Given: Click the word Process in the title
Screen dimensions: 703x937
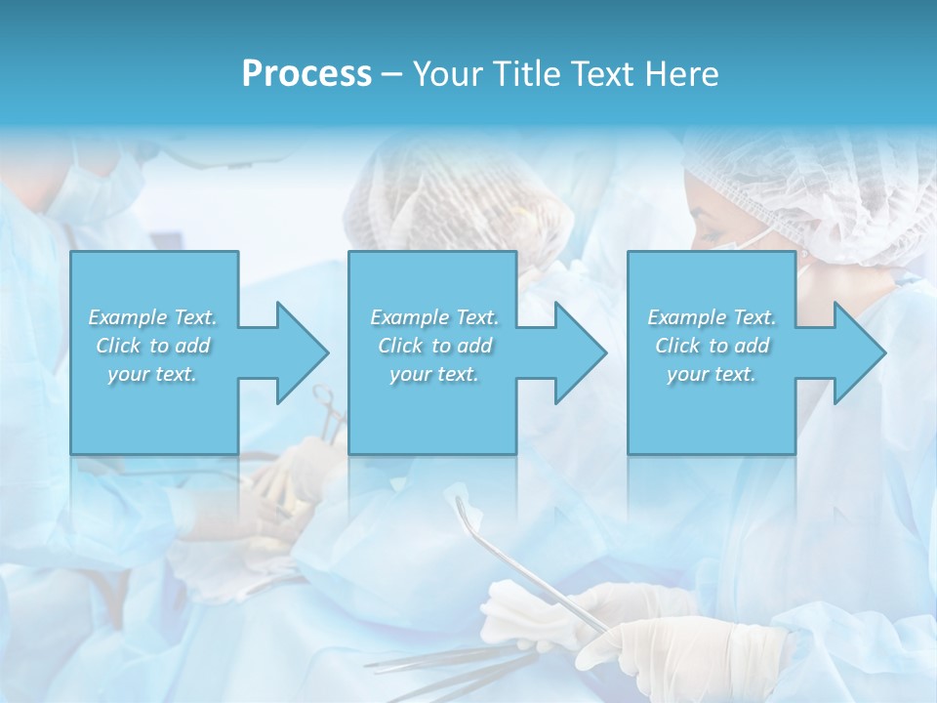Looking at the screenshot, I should (x=306, y=74).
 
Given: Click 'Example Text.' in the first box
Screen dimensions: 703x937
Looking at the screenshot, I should (x=152, y=317).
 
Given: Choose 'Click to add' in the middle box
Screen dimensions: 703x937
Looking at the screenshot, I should (x=434, y=346).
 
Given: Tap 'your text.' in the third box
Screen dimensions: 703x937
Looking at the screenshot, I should (x=711, y=374).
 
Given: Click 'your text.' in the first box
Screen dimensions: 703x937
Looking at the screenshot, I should (x=152, y=374).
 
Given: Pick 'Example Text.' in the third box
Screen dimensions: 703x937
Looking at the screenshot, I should (x=711, y=317).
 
